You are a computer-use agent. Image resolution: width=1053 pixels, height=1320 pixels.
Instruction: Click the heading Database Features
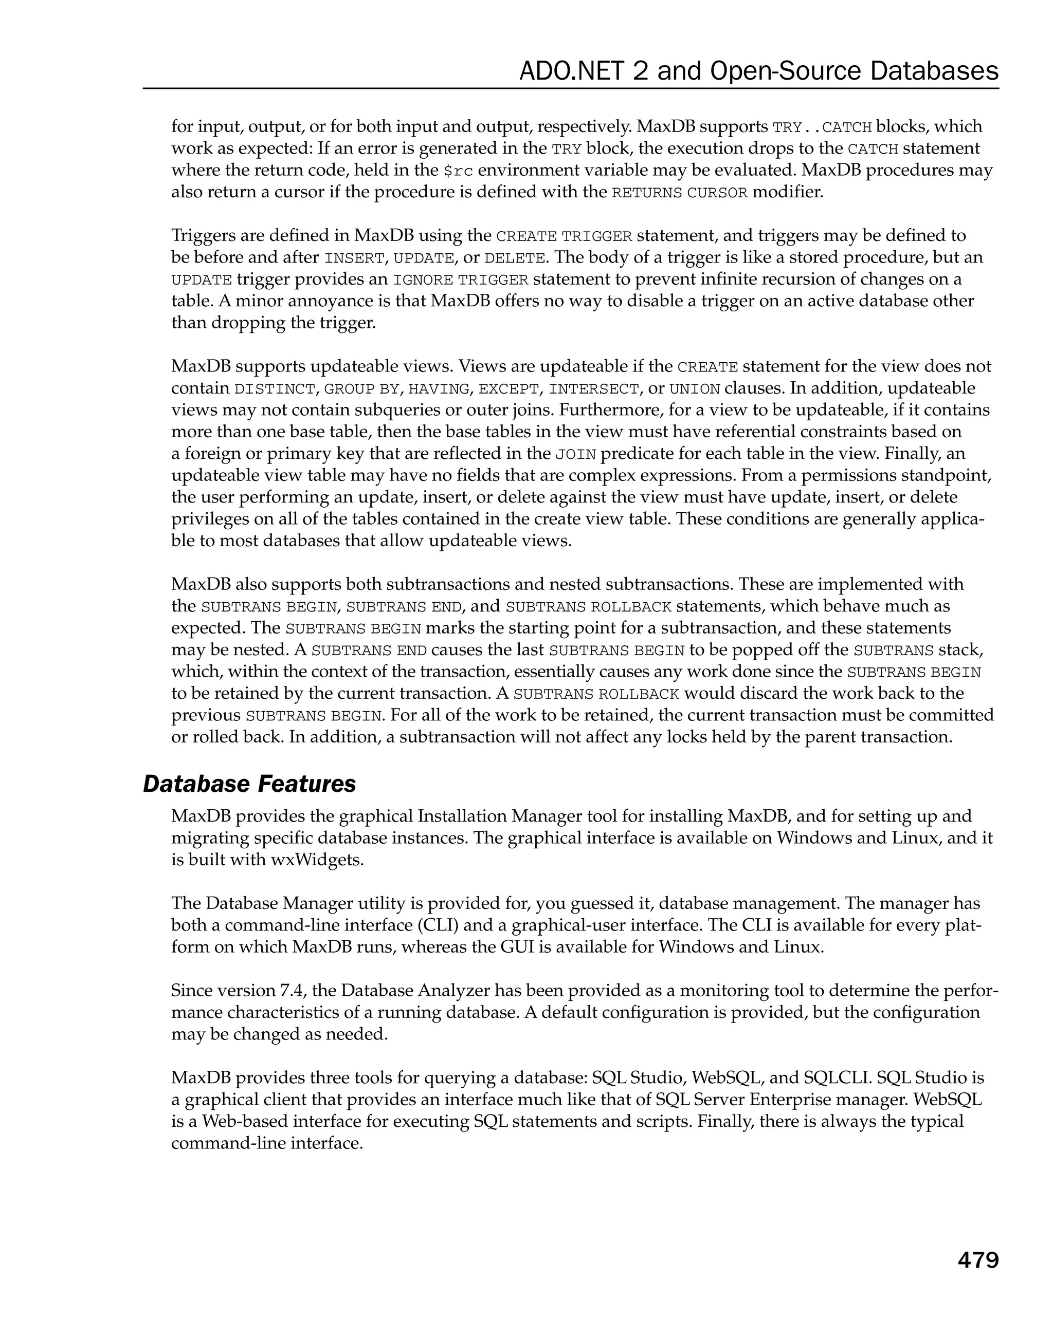pyautogui.click(x=249, y=784)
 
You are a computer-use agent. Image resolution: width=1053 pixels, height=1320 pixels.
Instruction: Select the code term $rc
pyautogui.click(x=458, y=171)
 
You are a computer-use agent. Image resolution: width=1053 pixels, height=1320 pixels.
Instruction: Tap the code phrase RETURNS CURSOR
pyautogui.click(x=679, y=193)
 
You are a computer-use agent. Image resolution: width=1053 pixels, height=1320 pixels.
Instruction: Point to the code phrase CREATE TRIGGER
pyautogui.click(x=564, y=236)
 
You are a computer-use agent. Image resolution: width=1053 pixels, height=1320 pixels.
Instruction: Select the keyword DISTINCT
pyautogui.click(x=275, y=389)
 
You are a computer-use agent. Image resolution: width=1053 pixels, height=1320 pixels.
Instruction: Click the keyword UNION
pyautogui.click(x=695, y=389)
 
